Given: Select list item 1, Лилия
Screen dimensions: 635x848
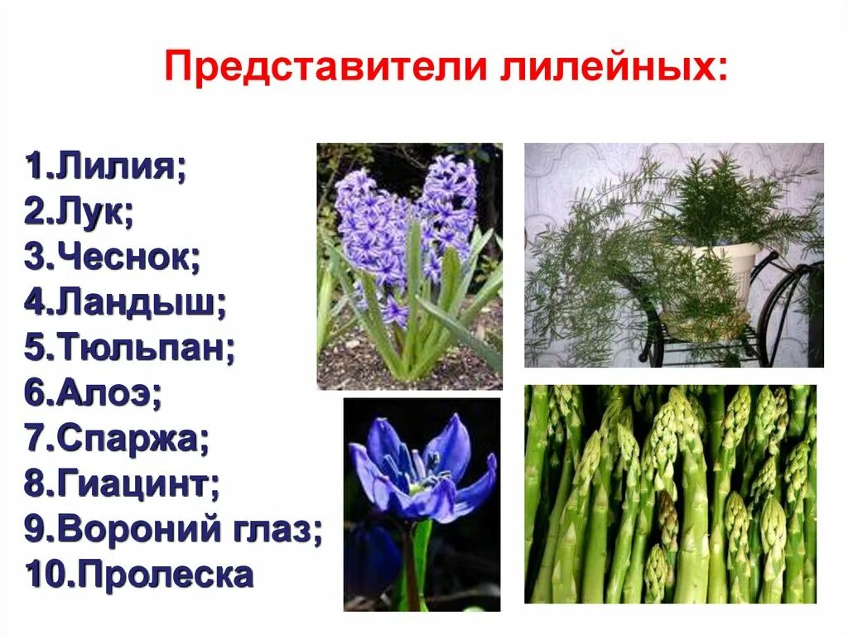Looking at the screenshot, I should (x=116, y=166).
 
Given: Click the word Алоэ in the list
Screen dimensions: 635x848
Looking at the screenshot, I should (x=107, y=393).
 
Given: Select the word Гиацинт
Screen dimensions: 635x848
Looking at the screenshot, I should (x=136, y=483).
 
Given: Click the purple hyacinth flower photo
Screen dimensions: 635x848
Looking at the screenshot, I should (x=409, y=265).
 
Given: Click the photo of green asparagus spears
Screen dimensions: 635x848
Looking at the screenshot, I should (x=669, y=493).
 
